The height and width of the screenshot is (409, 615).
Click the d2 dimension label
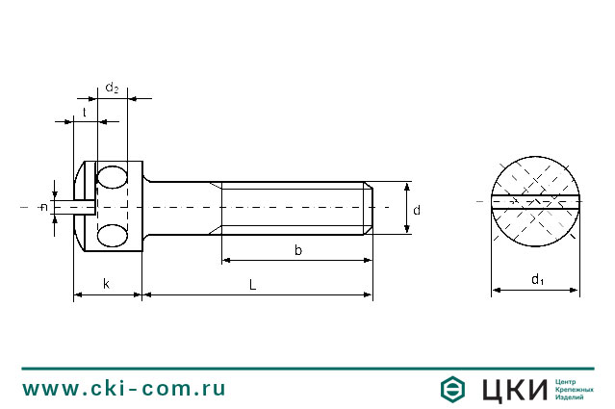[x=112, y=88]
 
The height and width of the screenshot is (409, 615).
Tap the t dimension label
[x=85, y=113]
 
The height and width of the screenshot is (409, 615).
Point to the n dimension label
[x=44, y=207]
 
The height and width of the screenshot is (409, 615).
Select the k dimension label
[x=106, y=284]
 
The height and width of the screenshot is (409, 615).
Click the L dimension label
[x=252, y=285]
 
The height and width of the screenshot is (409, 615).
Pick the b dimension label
[x=298, y=250]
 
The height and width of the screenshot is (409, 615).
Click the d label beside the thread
[x=417, y=210]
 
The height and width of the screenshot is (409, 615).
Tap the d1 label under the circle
[x=537, y=280]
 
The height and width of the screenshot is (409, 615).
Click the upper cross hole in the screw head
[x=113, y=177]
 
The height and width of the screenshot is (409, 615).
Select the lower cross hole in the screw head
[x=113, y=236]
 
